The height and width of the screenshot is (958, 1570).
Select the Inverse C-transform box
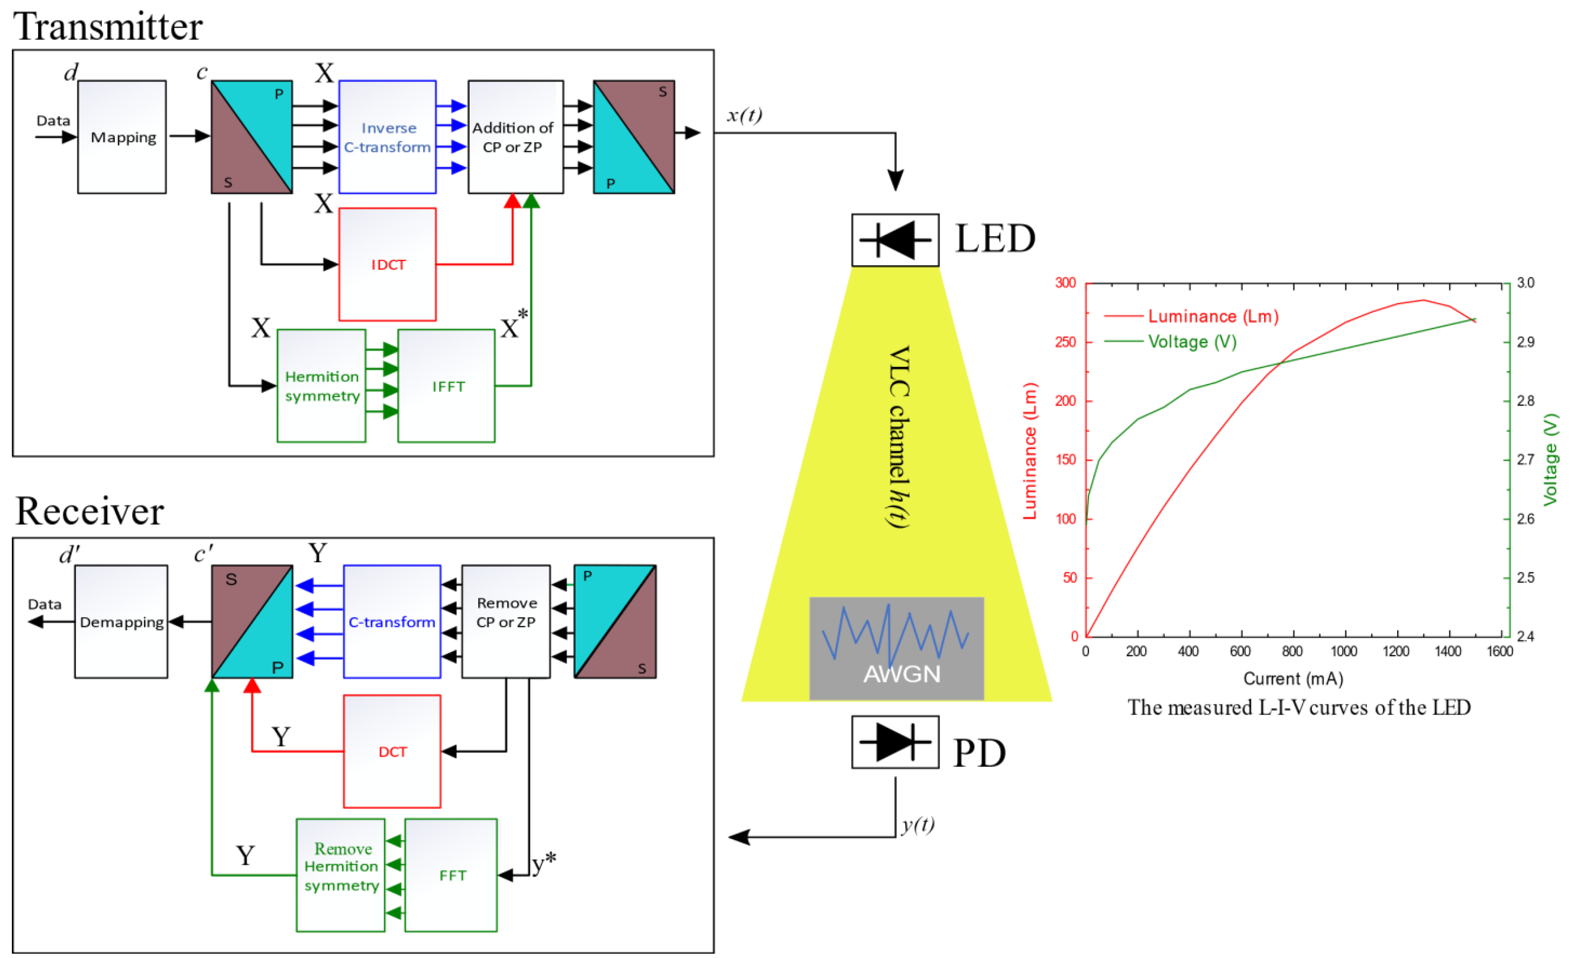coord(387,137)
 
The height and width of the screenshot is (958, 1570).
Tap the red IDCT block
coord(387,265)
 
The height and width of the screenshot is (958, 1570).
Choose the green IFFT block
coord(447,386)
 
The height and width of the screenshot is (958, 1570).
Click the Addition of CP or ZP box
coord(516,137)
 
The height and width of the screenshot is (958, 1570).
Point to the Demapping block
coord(121,622)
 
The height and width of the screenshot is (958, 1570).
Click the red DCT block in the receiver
coord(392,752)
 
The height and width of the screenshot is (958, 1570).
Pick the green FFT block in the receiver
coord(451,875)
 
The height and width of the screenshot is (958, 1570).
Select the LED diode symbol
coord(895,240)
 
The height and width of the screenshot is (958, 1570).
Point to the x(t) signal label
coord(744,115)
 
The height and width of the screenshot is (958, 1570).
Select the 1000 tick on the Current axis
coord(1344,651)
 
